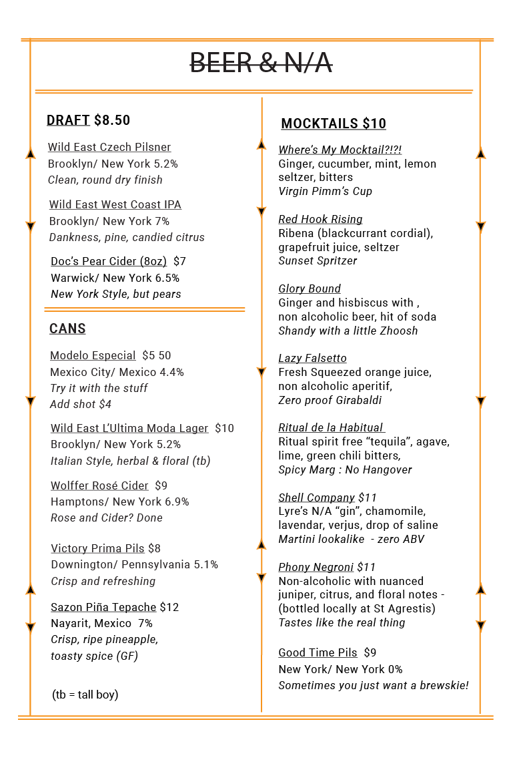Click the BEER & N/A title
tap(261, 63)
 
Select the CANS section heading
tap(67, 329)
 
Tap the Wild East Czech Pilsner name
tap(109, 147)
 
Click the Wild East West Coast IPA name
tap(115, 204)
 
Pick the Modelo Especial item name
tap(93, 355)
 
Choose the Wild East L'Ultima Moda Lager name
tap(129, 428)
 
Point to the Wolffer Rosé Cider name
tap(99, 485)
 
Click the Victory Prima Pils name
tap(97, 548)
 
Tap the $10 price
tap(224, 428)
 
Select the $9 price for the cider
tap(161, 485)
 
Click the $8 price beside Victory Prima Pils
tap(154, 548)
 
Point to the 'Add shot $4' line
tap(81, 404)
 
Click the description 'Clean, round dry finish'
tap(105, 180)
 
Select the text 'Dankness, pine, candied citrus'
tap(127, 237)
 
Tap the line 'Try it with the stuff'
tap(99, 388)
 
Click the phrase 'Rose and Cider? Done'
tap(107, 518)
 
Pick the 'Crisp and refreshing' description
tap(103, 581)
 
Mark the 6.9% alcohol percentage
tap(177, 502)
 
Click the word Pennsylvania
tap(155, 564)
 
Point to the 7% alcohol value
tap(162, 221)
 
